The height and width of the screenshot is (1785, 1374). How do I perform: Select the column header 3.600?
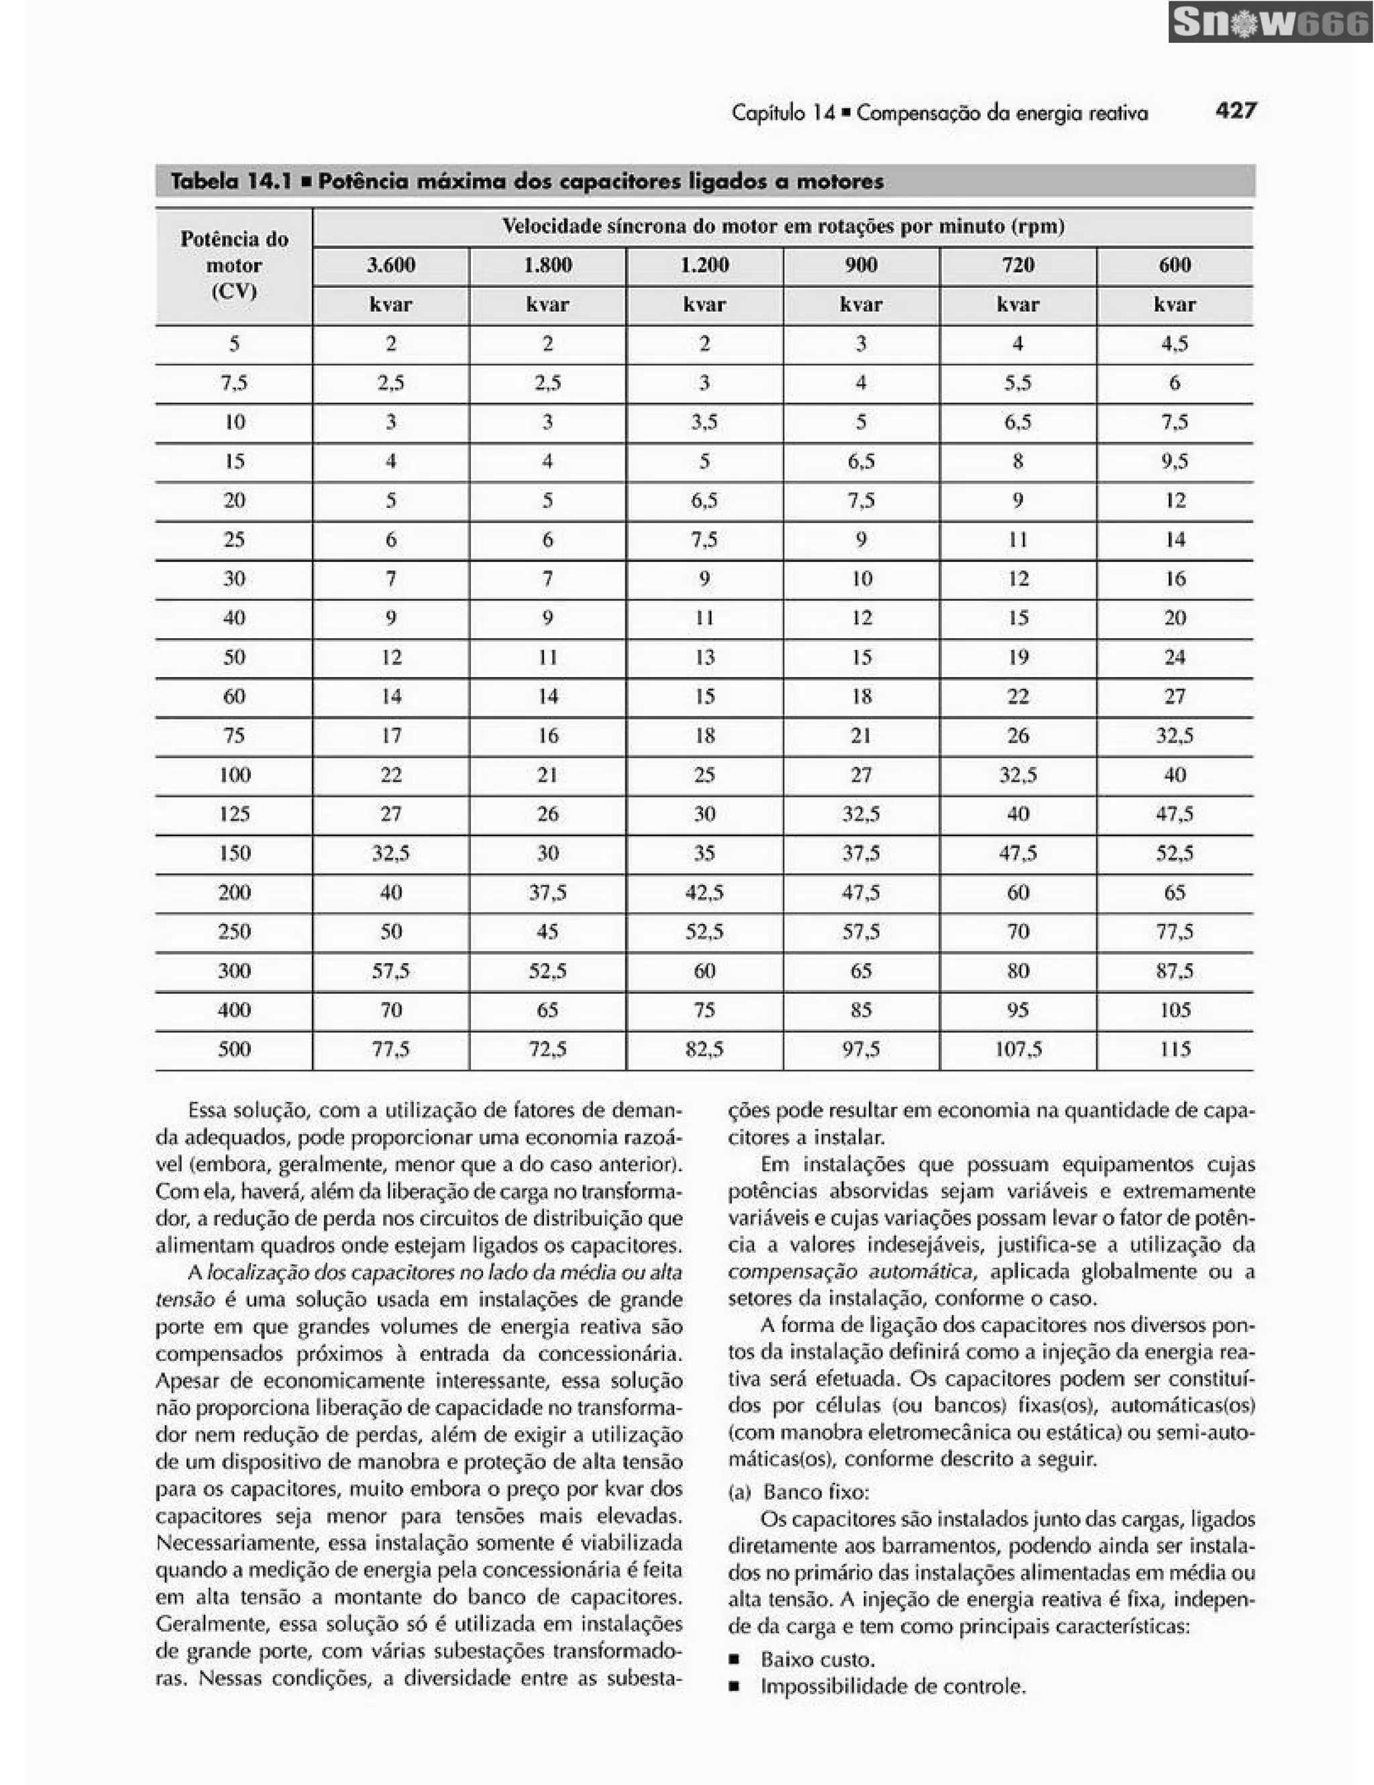(x=390, y=265)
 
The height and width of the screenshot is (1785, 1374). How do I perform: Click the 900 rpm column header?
(x=861, y=265)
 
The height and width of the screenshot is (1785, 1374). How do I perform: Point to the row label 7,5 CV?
(x=233, y=382)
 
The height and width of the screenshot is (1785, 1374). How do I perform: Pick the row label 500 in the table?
(x=233, y=1050)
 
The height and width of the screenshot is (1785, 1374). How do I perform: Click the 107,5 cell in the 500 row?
(x=1018, y=1050)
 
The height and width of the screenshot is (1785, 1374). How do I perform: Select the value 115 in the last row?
(x=1175, y=1050)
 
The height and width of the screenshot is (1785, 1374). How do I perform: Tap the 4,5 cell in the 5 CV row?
(x=1175, y=344)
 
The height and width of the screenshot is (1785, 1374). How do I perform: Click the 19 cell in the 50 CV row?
(x=1018, y=657)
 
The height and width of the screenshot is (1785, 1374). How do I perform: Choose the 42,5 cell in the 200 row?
(x=704, y=892)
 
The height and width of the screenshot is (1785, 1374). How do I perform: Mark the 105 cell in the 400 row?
(x=1175, y=1010)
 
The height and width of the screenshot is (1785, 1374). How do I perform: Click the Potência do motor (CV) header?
(x=233, y=266)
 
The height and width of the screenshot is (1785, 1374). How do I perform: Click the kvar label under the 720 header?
(x=1018, y=305)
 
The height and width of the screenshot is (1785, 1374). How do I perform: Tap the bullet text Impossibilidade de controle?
(x=892, y=1686)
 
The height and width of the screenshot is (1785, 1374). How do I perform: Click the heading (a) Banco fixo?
(x=798, y=1492)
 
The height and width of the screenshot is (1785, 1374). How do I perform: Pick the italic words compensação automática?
(x=849, y=1272)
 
